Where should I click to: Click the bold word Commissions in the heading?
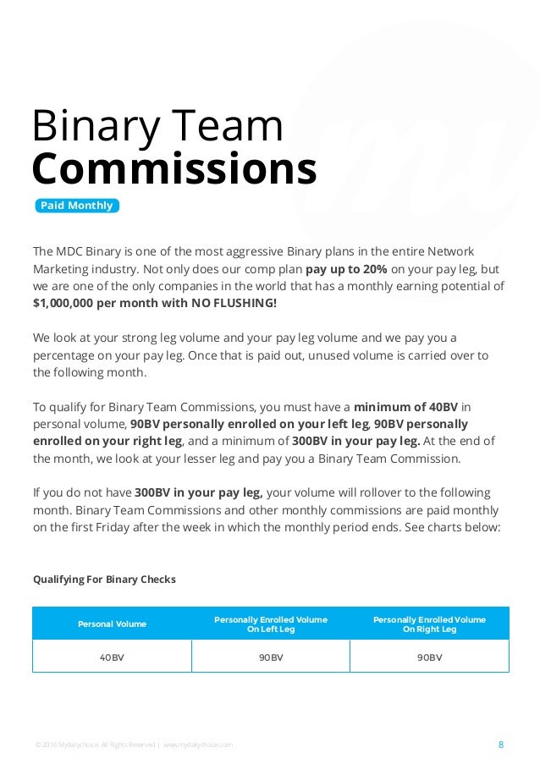[174, 168]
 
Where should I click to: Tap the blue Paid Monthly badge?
[76, 206]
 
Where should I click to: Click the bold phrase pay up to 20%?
[346, 269]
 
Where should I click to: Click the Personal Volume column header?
[112, 624]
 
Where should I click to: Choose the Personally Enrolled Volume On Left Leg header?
[270, 624]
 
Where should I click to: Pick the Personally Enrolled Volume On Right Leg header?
[429, 624]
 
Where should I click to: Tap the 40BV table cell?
[112, 657]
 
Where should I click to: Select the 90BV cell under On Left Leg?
[270, 657]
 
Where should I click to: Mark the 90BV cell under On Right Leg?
[429, 657]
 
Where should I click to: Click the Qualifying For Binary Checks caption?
[104, 580]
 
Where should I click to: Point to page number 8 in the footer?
[501, 745]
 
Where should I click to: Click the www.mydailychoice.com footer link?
[197, 745]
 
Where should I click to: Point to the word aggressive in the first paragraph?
[226, 252]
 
